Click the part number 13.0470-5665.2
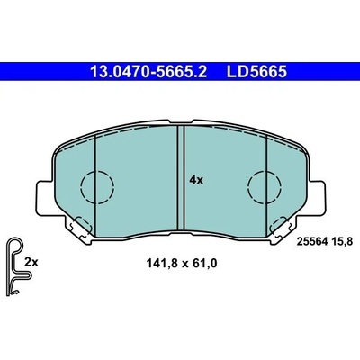pyautogui.click(x=148, y=72)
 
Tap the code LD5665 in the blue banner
pyautogui.click(x=256, y=72)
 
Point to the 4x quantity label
pyautogui.click(x=196, y=180)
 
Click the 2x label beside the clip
pyautogui.click(x=31, y=263)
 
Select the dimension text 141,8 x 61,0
pyautogui.click(x=181, y=264)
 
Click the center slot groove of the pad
pyautogui.click(x=181, y=178)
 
